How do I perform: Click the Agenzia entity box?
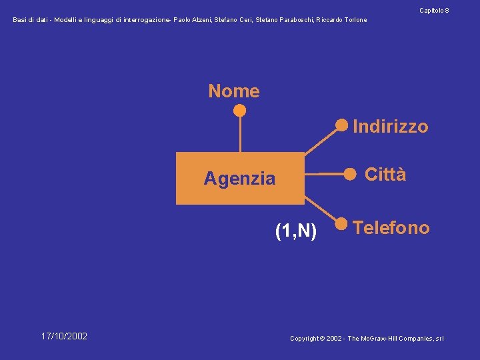[240, 178]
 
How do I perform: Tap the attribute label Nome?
[234, 91]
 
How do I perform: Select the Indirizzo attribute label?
[390, 127]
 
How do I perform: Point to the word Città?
[385, 175]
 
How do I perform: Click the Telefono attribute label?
[391, 228]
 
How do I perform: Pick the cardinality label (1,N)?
[296, 231]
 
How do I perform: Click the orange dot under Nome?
[240, 110]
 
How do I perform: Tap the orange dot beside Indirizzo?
[342, 125]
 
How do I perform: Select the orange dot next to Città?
[349, 173]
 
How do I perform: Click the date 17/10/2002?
[64, 336]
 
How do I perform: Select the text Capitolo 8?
[434, 11]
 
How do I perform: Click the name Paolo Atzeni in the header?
[191, 20]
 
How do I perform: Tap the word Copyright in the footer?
[305, 339]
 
